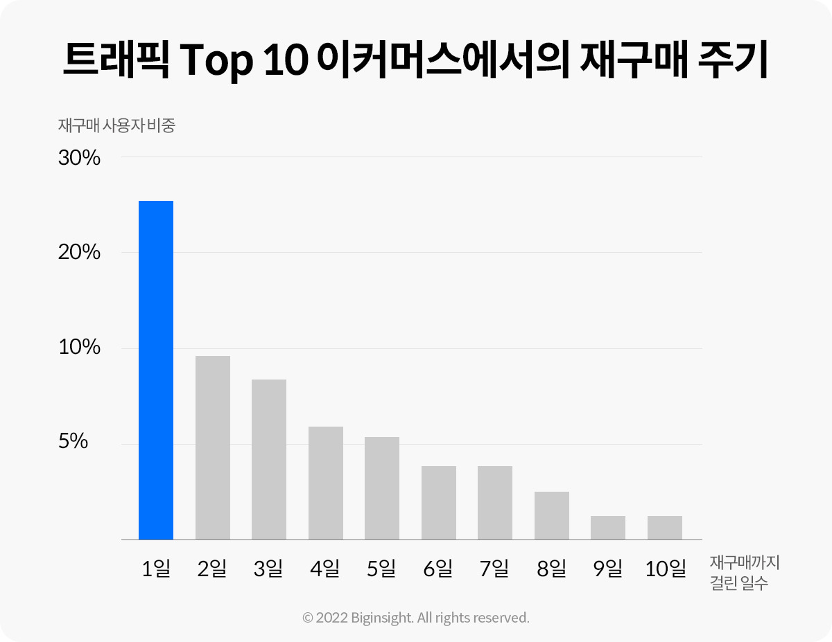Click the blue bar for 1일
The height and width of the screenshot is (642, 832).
156,370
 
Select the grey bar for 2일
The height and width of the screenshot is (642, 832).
213,447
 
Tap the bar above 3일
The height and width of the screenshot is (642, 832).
269,459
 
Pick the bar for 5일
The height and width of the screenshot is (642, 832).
382,488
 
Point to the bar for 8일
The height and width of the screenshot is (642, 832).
552,515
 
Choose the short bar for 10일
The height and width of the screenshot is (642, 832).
665,528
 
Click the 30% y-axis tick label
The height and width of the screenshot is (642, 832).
80,159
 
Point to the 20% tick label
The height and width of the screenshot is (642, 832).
80,253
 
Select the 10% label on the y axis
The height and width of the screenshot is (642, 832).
80,348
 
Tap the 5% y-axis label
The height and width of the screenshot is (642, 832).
73,442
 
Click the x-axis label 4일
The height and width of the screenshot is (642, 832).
325,569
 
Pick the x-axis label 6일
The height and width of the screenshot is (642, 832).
438,569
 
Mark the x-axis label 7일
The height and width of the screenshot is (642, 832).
494,569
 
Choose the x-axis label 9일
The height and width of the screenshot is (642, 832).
608,569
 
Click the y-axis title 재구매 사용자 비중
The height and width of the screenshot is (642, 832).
116,126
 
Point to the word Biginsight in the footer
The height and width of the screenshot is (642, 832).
375,618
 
